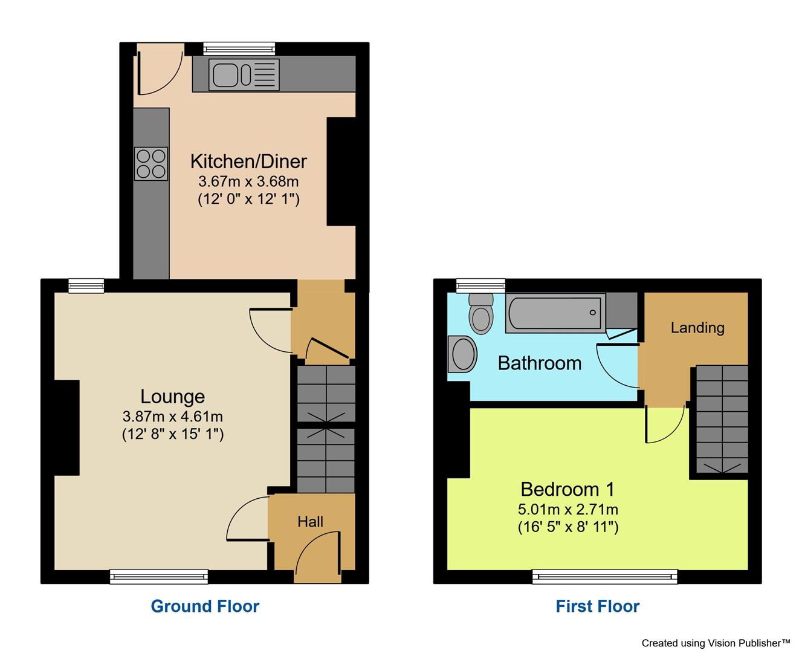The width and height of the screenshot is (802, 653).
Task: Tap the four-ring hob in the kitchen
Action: (151, 164)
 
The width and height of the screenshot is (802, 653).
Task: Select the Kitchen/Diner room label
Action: (248, 161)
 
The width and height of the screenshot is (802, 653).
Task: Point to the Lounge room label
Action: (173, 397)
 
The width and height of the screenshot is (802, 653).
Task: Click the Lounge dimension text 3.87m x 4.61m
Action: (173, 416)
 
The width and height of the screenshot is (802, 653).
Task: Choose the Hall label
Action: (310, 522)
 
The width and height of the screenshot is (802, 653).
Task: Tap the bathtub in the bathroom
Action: (555, 313)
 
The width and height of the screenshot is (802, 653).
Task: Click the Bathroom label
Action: (539, 363)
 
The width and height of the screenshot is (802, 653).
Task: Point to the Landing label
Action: (697, 328)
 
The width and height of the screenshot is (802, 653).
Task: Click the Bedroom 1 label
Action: (568, 489)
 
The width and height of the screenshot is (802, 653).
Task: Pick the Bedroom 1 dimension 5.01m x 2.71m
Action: (568, 509)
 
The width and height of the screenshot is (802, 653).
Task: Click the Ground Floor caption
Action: (205, 606)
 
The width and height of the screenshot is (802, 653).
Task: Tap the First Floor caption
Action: (597, 606)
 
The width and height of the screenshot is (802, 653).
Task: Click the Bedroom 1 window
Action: (604, 577)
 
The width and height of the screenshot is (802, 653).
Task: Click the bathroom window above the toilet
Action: (480, 285)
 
